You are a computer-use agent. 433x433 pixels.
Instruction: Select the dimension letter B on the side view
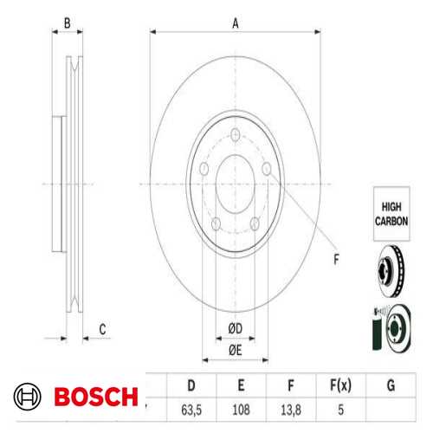coord(67,23)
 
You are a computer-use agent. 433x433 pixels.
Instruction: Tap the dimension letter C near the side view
coord(101,327)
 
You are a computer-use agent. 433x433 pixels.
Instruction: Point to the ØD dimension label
coord(234,327)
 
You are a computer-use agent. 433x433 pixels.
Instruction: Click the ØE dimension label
coord(234,349)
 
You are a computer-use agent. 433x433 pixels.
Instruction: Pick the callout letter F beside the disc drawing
coord(336,257)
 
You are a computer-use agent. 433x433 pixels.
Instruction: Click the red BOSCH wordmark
coord(95,398)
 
